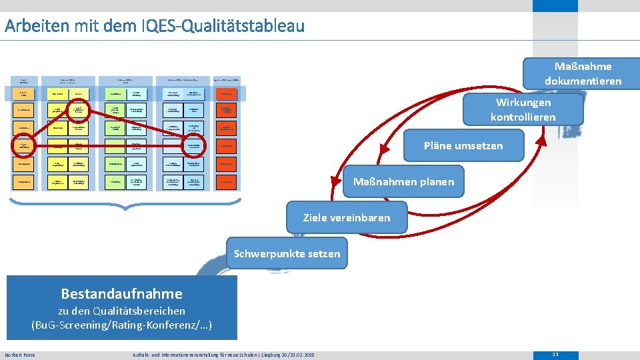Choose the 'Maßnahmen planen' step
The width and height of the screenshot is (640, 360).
[403, 181]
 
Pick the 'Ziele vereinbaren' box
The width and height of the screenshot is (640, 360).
[347, 217]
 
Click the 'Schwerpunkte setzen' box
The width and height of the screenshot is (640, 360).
[287, 253]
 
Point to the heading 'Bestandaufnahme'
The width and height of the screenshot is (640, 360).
[121, 293]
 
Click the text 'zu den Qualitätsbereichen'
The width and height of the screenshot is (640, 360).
[121, 311]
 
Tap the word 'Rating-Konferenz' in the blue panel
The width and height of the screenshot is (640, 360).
[154, 325]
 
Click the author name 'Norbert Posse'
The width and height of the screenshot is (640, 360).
[20, 355]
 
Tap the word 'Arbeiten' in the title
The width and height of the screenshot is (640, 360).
[32, 26]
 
